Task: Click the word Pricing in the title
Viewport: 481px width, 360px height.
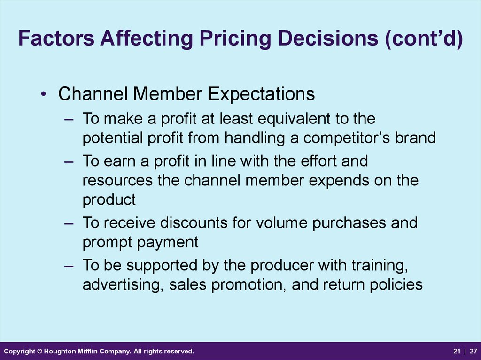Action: coord(235,38)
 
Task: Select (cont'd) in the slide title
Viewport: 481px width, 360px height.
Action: coord(424,38)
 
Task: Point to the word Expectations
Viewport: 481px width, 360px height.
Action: coord(261,94)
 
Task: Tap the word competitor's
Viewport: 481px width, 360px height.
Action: coord(346,138)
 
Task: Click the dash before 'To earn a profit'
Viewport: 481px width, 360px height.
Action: coord(69,161)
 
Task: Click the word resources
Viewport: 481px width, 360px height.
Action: coord(117,181)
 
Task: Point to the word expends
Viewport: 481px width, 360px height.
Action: coord(339,181)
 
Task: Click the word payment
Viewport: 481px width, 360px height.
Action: coord(168,243)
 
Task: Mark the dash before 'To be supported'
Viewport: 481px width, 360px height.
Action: coord(69,266)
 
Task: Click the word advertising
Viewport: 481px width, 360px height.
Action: coord(123,284)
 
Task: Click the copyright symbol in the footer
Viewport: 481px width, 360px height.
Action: coord(39,351)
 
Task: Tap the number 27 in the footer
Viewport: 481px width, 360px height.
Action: coord(473,351)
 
